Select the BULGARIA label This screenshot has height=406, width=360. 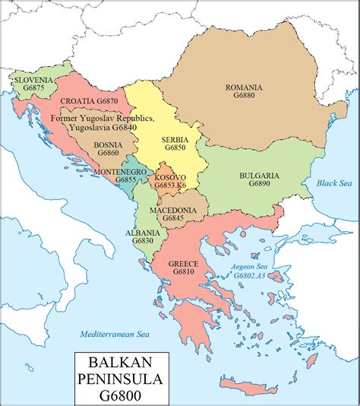[x=259, y=176]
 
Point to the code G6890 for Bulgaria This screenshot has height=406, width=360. [x=259, y=185]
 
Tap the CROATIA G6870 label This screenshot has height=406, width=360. [x=89, y=101]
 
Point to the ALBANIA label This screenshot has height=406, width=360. [x=143, y=232]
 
